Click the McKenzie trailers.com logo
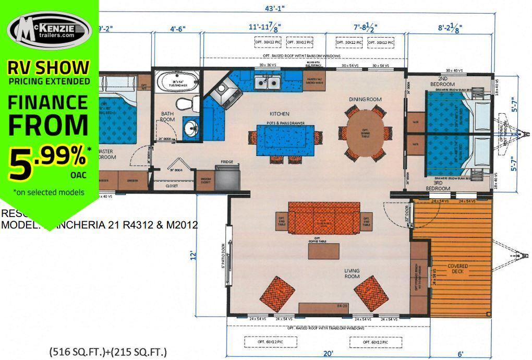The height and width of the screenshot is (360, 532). [49, 31]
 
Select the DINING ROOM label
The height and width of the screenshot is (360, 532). [365, 99]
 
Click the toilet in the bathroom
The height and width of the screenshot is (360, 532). [186, 103]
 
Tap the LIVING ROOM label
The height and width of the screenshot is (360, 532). [352, 273]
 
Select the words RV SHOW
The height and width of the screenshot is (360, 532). [49, 67]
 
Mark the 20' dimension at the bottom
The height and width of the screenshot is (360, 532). [328, 354]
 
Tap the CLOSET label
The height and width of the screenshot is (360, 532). [172, 185]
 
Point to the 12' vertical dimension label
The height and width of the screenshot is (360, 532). [194, 256]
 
